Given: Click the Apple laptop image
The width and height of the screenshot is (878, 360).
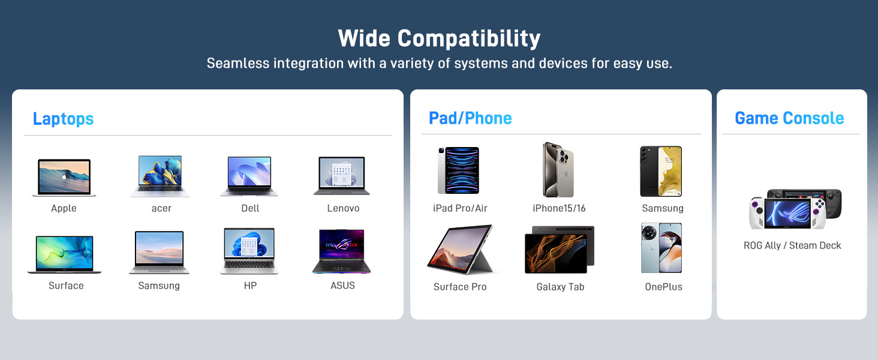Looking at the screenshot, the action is pyautogui.click(x=64, y=177).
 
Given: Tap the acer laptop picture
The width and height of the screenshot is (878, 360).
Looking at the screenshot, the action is pyautogui.click(x=160, y=176).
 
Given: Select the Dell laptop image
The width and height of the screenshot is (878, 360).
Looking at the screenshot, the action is pyautogui.click(x=249, y=176).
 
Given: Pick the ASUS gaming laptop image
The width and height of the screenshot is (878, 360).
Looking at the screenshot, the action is pyautogui.click(x=341, y=251).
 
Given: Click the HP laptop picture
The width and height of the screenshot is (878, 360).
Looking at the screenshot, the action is pyautogui.click(x=249, y=251).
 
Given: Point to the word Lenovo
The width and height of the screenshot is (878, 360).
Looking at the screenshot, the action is pyautogui.click(x=343, y=208).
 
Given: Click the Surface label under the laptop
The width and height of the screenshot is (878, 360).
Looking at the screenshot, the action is pyautogui.click(x=66, y=286).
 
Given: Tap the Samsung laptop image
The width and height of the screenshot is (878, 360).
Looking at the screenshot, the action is pyautogui.click(x=159, y=252).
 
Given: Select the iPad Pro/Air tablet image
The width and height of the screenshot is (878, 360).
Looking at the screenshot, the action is pyautogui.click(x=458, y=170).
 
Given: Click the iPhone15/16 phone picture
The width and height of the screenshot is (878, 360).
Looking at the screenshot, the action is pyautogui.click(x=558, y=169).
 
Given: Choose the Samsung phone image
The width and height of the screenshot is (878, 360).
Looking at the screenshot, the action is pyautogui.click(x=661, y=171).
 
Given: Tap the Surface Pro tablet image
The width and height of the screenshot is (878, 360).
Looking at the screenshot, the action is pyautogui.click(x=460, y=250).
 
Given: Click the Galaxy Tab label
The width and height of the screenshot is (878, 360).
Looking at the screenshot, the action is pyautogui.click(x=560, y=287).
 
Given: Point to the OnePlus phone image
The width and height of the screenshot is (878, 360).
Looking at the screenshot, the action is pyautogui.click(x=661, y=248).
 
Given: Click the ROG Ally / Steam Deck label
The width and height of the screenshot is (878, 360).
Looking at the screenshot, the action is pyautogui.click(x=792, y=245).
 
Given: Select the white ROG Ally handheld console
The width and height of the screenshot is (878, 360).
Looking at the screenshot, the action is pyautogui.click(x=787, y=213).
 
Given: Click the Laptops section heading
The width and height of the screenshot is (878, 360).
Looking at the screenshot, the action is pyautogui.click(x=63, y=119).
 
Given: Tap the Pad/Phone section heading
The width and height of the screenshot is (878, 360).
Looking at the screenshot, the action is pyautogui.click(x=470, y=118).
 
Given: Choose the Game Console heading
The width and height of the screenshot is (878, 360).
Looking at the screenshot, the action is pyautogui.click(x=789, y=118).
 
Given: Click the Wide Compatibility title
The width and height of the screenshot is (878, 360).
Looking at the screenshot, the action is pyautogui.click(x=439, y=38).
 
